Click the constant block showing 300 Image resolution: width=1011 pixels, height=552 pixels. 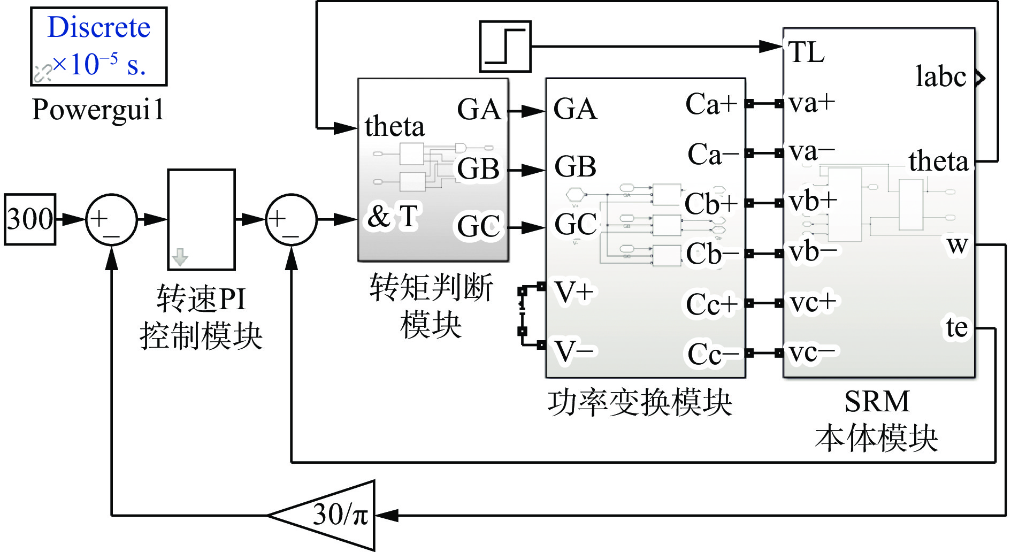coord(30,219)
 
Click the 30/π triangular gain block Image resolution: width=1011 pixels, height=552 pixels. coord(332,515)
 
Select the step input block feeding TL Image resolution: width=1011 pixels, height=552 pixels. coord(505,47)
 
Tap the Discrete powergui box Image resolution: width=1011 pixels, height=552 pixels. coord(99,47)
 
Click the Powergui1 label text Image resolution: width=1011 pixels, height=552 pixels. coord(98,110)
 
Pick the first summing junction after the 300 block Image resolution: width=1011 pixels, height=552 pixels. coord(111,219)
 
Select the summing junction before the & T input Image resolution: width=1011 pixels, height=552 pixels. coord(291,219)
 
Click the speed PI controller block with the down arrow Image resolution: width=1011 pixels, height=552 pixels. coord(201,219)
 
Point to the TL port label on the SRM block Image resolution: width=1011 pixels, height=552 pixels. coord(806,52)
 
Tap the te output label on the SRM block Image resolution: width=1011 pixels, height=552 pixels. coord(956,327)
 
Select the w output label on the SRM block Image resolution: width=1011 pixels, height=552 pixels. coord(957,245)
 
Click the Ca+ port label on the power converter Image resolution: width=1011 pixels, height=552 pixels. coord(711,104)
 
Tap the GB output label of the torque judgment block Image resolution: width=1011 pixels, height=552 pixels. coord(478,169)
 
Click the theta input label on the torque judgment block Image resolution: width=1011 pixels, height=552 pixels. coord(395,127)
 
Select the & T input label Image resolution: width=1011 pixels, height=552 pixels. coord(393,217)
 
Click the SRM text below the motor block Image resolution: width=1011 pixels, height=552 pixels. coord(877,401)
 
